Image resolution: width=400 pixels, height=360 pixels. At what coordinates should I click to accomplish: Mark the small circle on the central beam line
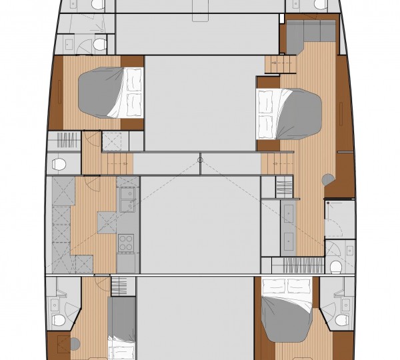tap(199, 159)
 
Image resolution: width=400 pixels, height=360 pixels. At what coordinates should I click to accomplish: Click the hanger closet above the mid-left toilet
tap(66, 141)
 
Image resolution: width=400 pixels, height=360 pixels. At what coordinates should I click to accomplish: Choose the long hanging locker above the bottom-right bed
tap(304, 265)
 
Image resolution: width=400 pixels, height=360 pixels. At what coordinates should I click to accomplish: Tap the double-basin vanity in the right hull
tap(289, 226)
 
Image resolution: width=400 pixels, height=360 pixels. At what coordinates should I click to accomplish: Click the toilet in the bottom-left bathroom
tap(59, 320)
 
